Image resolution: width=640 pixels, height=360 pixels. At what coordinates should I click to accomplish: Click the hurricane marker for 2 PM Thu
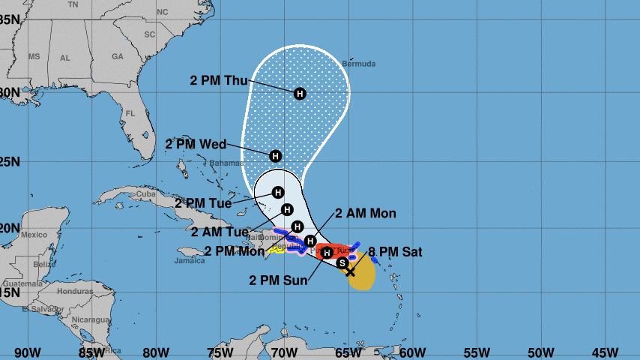coord(300,94)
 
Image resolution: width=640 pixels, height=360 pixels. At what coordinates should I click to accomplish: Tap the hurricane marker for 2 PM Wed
coord(275,156)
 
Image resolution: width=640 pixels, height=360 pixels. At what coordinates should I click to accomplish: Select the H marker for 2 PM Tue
coord(278,192)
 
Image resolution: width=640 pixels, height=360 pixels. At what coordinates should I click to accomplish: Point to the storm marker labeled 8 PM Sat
coord(342,262)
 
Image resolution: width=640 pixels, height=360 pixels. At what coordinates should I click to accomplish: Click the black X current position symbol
coord(350,271)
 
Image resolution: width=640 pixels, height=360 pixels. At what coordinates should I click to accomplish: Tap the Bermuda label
coord(358,64)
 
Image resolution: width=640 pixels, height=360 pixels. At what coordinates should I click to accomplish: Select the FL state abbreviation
coord(130,114)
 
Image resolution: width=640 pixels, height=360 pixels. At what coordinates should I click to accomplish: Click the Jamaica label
coord(190,261)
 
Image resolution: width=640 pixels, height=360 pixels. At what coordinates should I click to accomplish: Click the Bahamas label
coord(226,163)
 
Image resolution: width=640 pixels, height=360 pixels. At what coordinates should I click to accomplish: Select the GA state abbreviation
coord(117,57)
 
